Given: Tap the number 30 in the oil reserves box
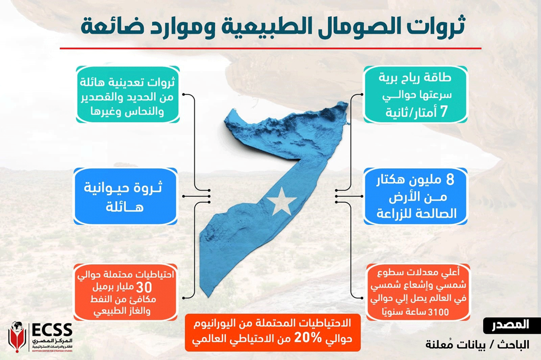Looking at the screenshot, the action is (x=144, y=287).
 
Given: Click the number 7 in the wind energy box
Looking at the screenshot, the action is (x=444, y=112).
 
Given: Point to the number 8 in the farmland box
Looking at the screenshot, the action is (x=450, y=179).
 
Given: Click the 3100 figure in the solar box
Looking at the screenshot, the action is (x=438, y=312).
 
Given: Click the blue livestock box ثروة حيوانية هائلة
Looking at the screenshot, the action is (x=125, y=196).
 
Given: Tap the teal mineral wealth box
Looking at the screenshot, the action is (x=128, y=94).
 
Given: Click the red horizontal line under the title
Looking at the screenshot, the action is (x=270, y=48).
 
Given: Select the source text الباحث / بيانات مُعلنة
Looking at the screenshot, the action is (x=477, y=344).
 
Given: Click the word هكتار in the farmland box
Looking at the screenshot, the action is (x=391, y=181).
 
